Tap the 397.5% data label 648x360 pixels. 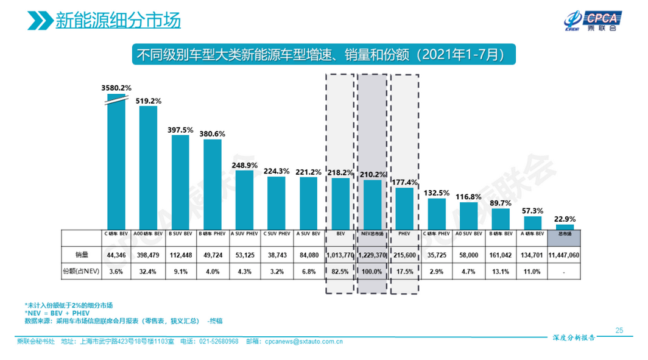180,130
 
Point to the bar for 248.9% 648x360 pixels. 244,199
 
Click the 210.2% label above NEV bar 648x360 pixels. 373,175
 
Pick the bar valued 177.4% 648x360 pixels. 404,208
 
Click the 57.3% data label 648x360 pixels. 532,210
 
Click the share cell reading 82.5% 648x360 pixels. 340,272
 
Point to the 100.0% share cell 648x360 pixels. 372,272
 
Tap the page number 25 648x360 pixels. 619,330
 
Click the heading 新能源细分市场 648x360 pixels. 118,21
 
